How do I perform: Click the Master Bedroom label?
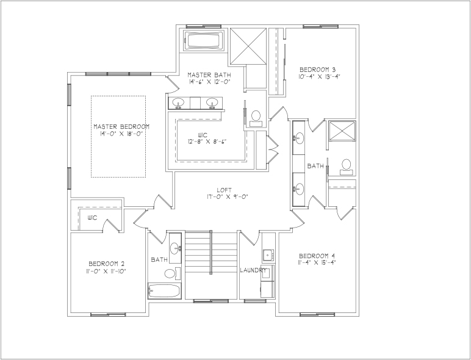121,126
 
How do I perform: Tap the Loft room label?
225,190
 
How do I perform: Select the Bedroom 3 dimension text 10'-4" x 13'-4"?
319,77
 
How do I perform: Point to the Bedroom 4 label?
317,256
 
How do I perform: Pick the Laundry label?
253,270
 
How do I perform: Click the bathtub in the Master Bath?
204,40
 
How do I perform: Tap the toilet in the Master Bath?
256,118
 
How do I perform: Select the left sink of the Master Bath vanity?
178,103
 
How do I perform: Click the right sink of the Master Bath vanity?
212,103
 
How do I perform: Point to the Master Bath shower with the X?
248,46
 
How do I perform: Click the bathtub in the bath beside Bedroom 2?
164,290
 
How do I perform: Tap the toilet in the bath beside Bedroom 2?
172,273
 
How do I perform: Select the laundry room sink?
268,255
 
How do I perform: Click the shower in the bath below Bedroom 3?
342,131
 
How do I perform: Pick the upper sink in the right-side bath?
299,139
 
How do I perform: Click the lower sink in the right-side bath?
299,189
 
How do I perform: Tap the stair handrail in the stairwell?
210,252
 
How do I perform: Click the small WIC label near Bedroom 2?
93,218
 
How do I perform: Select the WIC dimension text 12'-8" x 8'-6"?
207,141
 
